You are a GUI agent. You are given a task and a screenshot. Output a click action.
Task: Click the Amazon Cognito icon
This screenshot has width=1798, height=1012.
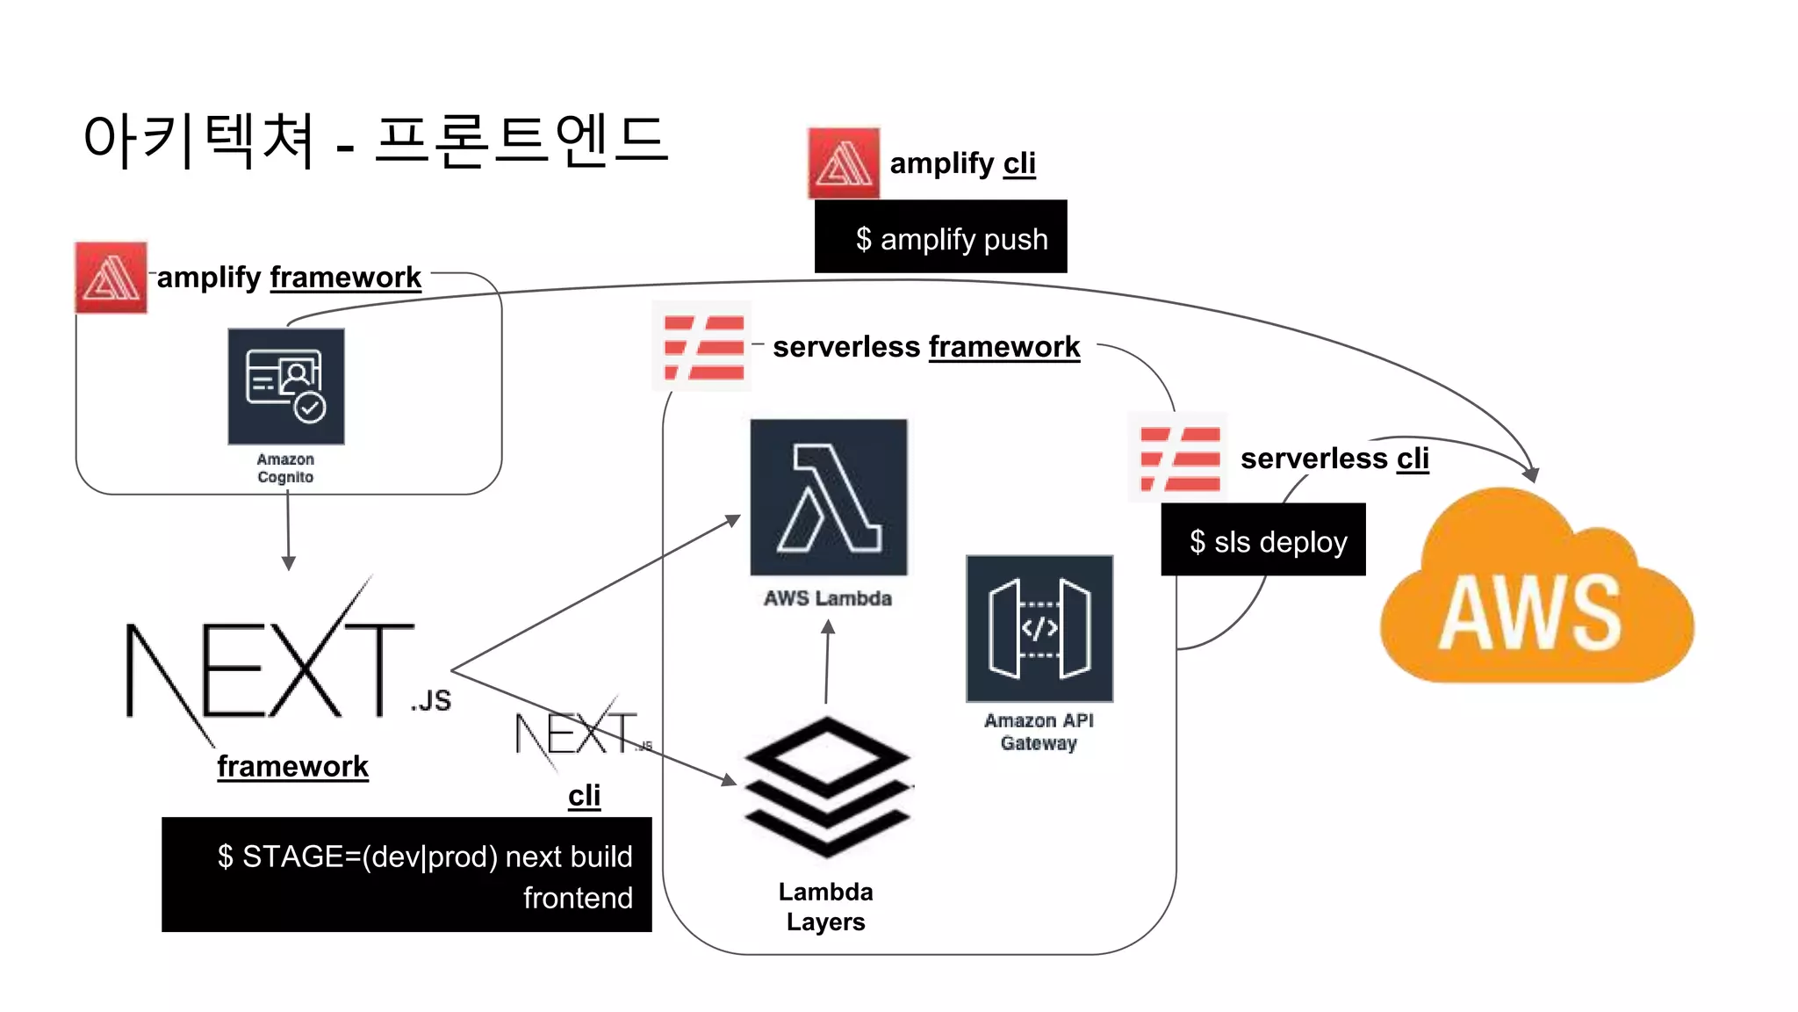click(x=286, y=387)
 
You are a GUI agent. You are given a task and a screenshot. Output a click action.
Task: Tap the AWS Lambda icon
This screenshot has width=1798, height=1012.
click(x=828, y=497)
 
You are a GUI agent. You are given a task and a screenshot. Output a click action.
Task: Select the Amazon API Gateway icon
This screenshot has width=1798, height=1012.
click(x=1039, y=628)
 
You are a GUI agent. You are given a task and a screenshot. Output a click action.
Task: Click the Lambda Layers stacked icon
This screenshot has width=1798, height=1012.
click(x=827, y=786)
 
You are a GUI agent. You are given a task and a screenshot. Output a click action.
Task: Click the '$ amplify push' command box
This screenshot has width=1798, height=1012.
click(x=940, y=237)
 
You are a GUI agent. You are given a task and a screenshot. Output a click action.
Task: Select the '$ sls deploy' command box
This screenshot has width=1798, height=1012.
click(x=1262, y=540)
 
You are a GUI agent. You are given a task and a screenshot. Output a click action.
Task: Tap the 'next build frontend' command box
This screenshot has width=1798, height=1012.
click(x=406, y=875)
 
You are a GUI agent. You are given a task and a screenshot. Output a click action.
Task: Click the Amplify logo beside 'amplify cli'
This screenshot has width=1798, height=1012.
click(x=843, y=163)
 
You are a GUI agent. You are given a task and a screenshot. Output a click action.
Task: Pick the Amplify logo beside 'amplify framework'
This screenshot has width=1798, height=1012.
click(x=111, y=278)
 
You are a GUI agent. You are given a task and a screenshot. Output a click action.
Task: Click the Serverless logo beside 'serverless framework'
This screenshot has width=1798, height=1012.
click(x=703, y=347)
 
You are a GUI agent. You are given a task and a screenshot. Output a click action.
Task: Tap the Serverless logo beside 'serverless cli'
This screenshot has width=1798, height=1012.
click(x=1178, y=458)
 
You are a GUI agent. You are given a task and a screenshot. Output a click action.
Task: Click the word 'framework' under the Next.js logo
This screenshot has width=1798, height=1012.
click(x=292, y=766)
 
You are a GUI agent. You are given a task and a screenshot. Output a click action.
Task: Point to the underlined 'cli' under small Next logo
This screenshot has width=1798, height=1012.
click(x=584, y=796)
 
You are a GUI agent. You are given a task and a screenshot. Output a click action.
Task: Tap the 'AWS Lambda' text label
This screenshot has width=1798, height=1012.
click(x=827, y=598)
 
